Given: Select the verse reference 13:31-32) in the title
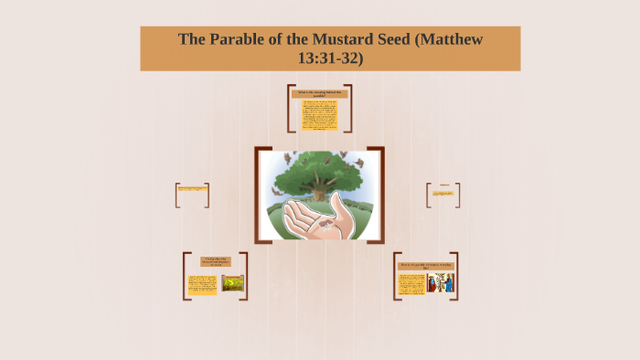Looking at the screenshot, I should click(x=331, y=58).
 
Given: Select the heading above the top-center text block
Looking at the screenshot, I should click(x=320, y=93).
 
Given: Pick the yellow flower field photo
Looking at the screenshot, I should click(x=232, y=283).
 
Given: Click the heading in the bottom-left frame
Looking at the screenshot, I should click(x=216, y=262).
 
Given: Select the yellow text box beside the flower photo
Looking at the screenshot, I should click(x=203, y=284).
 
